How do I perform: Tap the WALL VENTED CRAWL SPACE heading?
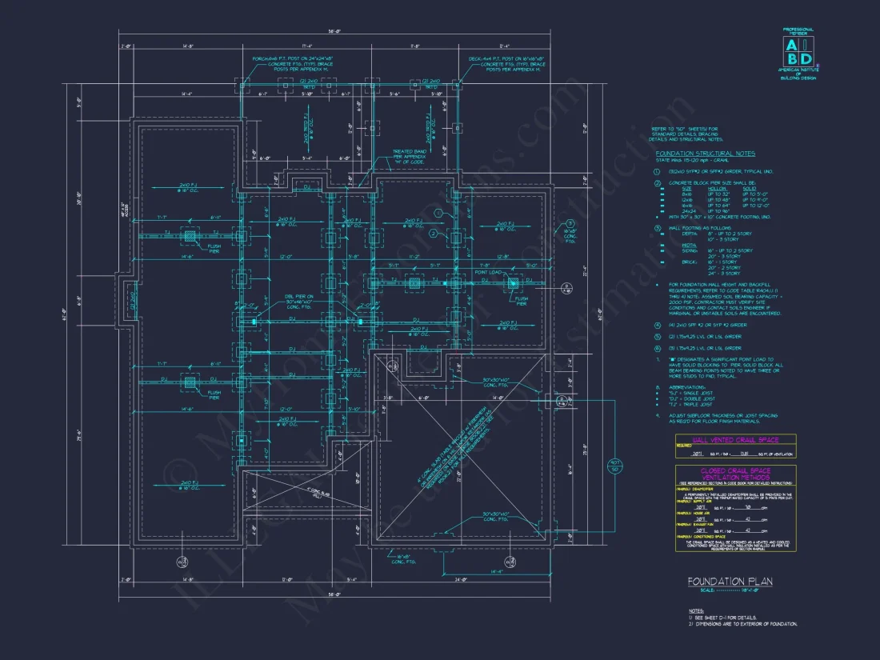tap(735, 440)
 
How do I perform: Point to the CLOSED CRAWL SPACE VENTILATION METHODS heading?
tap(735, 474)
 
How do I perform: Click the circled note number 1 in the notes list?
tap(657, 171)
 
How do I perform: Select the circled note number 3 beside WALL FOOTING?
tap(657, 227)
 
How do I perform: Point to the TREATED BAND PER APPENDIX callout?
tap(409, 156)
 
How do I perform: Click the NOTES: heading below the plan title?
tap(696, 610)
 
